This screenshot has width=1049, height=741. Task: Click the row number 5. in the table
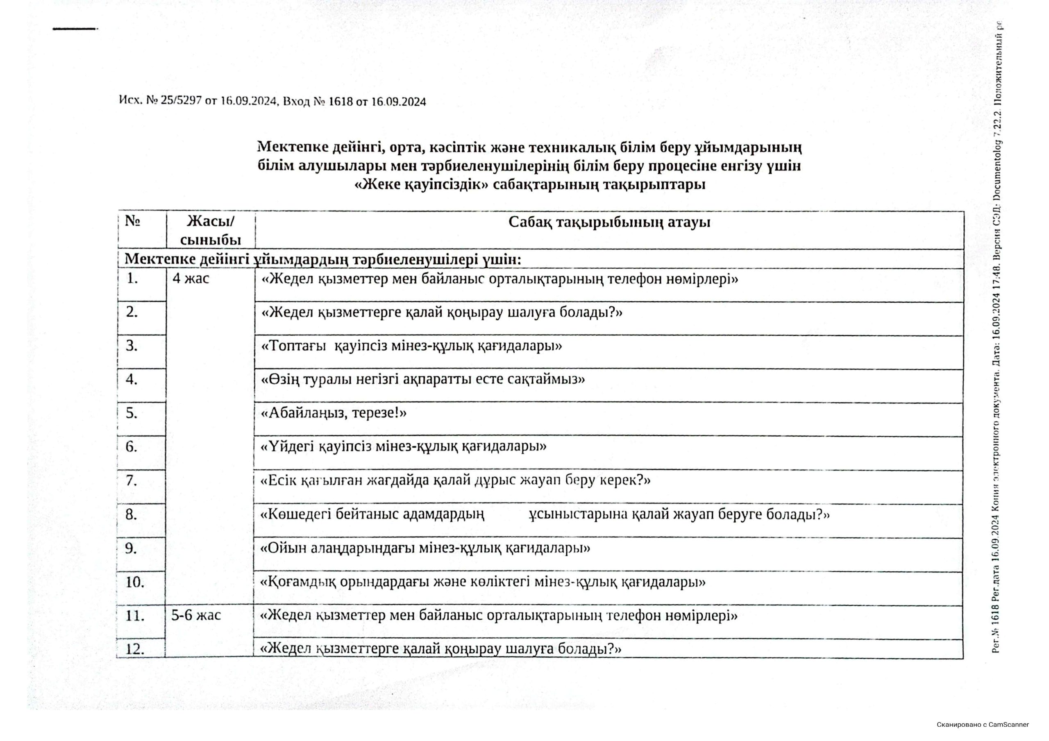(132, 413)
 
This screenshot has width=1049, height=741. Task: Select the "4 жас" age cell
(191, 279)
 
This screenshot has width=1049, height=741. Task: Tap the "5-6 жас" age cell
(196, 615)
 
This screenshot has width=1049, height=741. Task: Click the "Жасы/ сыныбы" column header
(211, 231)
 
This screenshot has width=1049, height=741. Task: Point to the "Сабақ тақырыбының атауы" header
(609, 223)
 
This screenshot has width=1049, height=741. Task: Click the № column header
(132, 222)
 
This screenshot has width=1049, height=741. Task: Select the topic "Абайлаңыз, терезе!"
(334, 413)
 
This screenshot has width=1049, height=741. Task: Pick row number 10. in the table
(135, 582)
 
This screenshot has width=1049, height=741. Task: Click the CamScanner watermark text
(983, 725)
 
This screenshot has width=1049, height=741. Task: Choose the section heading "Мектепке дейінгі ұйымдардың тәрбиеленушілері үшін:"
(322, 259)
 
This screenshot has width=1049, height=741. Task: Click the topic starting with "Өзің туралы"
(422, 380)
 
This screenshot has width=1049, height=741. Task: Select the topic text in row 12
(441, 649)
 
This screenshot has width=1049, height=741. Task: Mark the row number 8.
(132, 515)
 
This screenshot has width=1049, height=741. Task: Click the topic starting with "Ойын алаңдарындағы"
(425, 548)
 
